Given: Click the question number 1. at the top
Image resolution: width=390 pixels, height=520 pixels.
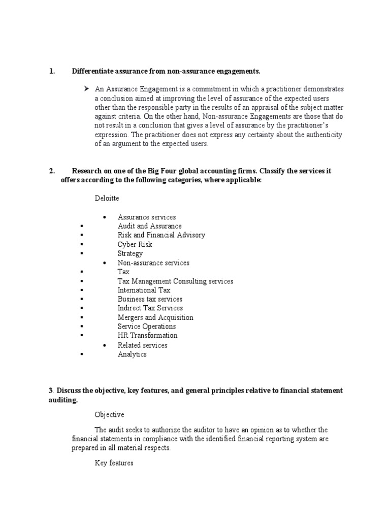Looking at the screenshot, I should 52,71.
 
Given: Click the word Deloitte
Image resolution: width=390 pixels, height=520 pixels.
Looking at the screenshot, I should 107,198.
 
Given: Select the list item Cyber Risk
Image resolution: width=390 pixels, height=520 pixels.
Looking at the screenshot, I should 135,244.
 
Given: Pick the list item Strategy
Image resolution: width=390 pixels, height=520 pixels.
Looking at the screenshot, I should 130,253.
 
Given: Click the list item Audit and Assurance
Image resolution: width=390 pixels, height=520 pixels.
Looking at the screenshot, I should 149,226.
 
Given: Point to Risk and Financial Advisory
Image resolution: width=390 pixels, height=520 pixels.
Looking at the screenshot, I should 161,235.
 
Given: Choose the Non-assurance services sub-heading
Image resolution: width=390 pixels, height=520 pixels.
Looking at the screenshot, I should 153,263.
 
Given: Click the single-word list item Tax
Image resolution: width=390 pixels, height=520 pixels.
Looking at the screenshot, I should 123,272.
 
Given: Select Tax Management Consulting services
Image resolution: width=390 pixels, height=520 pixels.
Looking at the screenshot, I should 175,281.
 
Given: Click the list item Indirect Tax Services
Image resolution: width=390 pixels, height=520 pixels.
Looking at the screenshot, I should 150,308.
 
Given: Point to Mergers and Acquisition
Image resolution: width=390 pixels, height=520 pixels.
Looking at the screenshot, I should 155,317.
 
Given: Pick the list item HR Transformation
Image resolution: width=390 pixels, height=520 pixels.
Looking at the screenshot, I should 147,336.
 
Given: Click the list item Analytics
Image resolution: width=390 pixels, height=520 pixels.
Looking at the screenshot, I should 132,354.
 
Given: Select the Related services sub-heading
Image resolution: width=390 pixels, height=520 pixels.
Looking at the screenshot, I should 142,345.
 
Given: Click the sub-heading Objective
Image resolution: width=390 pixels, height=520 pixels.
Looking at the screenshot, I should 109,415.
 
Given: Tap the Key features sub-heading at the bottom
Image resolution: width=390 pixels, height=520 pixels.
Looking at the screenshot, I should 114,463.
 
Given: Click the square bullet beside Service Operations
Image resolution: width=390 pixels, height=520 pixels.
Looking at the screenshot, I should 81,327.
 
